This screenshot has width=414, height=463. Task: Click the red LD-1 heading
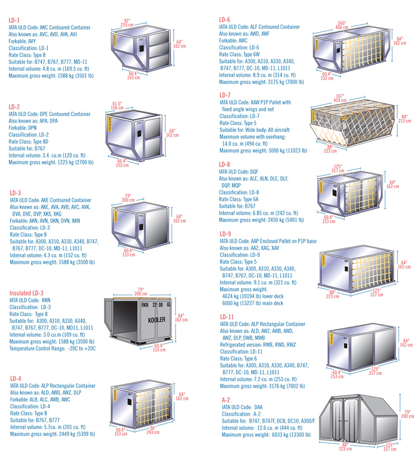coord(14,20)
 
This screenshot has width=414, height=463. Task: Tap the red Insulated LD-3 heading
coord(27,293)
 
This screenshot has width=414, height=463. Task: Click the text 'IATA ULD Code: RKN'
coord(30,300)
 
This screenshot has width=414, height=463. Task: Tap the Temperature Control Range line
coord(53,348)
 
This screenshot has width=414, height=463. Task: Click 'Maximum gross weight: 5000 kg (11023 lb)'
coord(263,150)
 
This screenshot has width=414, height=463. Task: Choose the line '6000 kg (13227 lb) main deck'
coord(252,303)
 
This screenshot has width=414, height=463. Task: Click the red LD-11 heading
coord(227,317)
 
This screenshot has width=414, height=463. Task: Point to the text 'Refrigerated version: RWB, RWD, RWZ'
coord(258,345)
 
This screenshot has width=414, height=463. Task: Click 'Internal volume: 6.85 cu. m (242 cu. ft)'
coord(259,213)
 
